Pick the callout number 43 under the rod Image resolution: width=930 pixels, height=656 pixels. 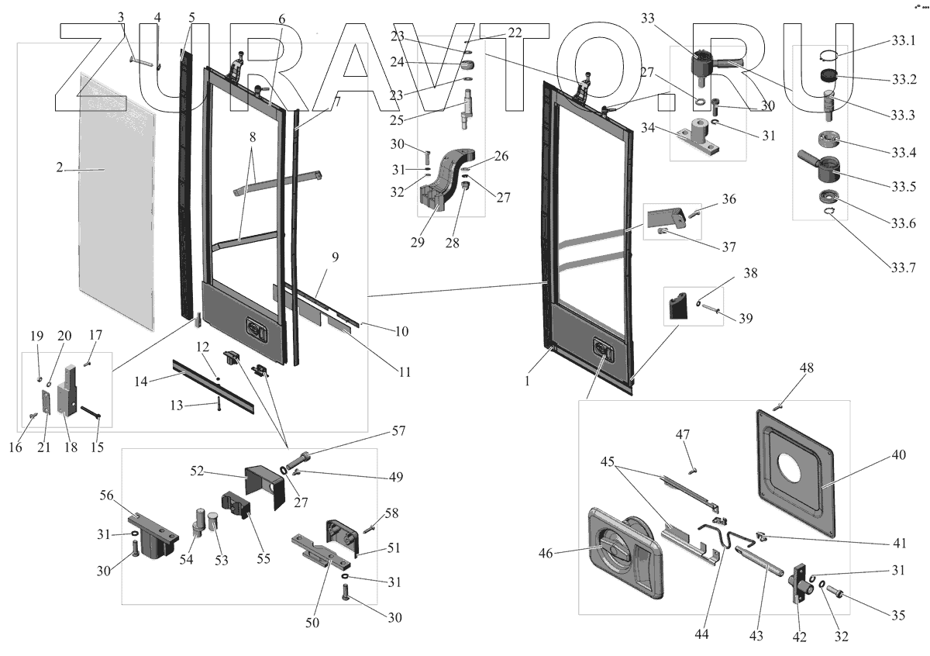756,636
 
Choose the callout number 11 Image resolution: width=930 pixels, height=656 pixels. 405,371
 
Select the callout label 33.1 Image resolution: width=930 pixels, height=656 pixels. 904,40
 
